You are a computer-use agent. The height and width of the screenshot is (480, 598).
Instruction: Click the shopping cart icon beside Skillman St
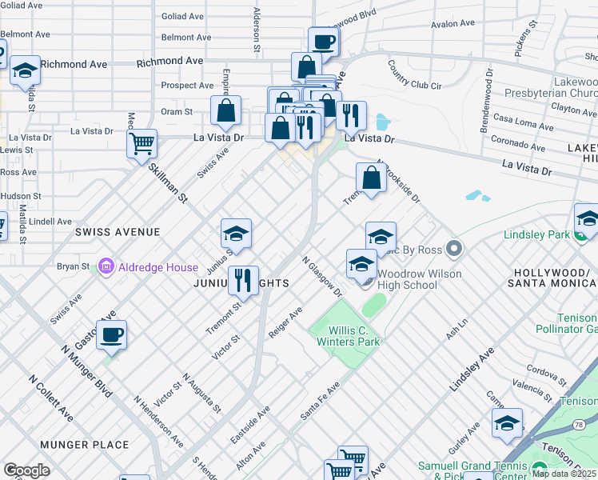pyautogui.click(x=142, y=145)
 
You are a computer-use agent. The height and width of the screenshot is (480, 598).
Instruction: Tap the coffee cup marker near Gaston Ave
pyautogui.click(x=111, y=334)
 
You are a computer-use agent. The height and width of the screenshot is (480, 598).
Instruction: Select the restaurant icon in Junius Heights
pyautogui.click(x=243, y=281)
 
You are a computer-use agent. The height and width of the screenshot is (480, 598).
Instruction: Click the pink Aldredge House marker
pyautogui.click(x=106, y=266)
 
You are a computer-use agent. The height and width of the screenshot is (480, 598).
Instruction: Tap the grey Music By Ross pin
pyautogui.click(x=454, y=249)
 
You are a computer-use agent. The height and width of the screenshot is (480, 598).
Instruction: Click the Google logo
pyautogui.click(x=26, y=470)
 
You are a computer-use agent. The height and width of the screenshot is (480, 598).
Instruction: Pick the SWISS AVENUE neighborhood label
pyautogui.click(x=118, y=231)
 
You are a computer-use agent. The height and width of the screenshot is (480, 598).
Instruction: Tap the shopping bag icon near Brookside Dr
pyautogui.click(x=371, y=178)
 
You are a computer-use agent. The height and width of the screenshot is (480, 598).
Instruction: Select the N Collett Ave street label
pyautogui.click(x=51, y=400)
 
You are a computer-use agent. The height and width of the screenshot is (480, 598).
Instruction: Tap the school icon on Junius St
pyautogui.click(x=236, y=234)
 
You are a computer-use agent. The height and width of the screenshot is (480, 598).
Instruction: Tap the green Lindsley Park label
pyautogui.click(x=536, y=234)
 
